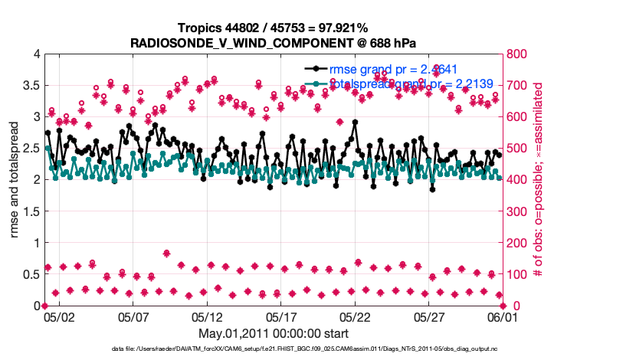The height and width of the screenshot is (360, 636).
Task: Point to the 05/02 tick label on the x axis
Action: pyautogui.click(x=59, y=316)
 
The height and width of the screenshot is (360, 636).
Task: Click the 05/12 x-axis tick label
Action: pyautogui.click(x=207, y=316)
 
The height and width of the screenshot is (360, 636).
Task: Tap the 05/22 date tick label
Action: pyautogui.click(x=355, y=316)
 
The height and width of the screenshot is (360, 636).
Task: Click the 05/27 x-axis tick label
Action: pyautogui.click(x=429, y=316)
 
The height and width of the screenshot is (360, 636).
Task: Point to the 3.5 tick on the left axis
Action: pyautogui.click(x=30, y=86)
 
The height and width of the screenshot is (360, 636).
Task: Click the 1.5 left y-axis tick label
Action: pyautogui.click(x=30, y=211)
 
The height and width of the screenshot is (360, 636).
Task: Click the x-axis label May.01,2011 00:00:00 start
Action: pyautogui.click(x=274, y=333)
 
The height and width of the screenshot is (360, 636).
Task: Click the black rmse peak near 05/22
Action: pyautogui.click(x=355, y=122)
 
